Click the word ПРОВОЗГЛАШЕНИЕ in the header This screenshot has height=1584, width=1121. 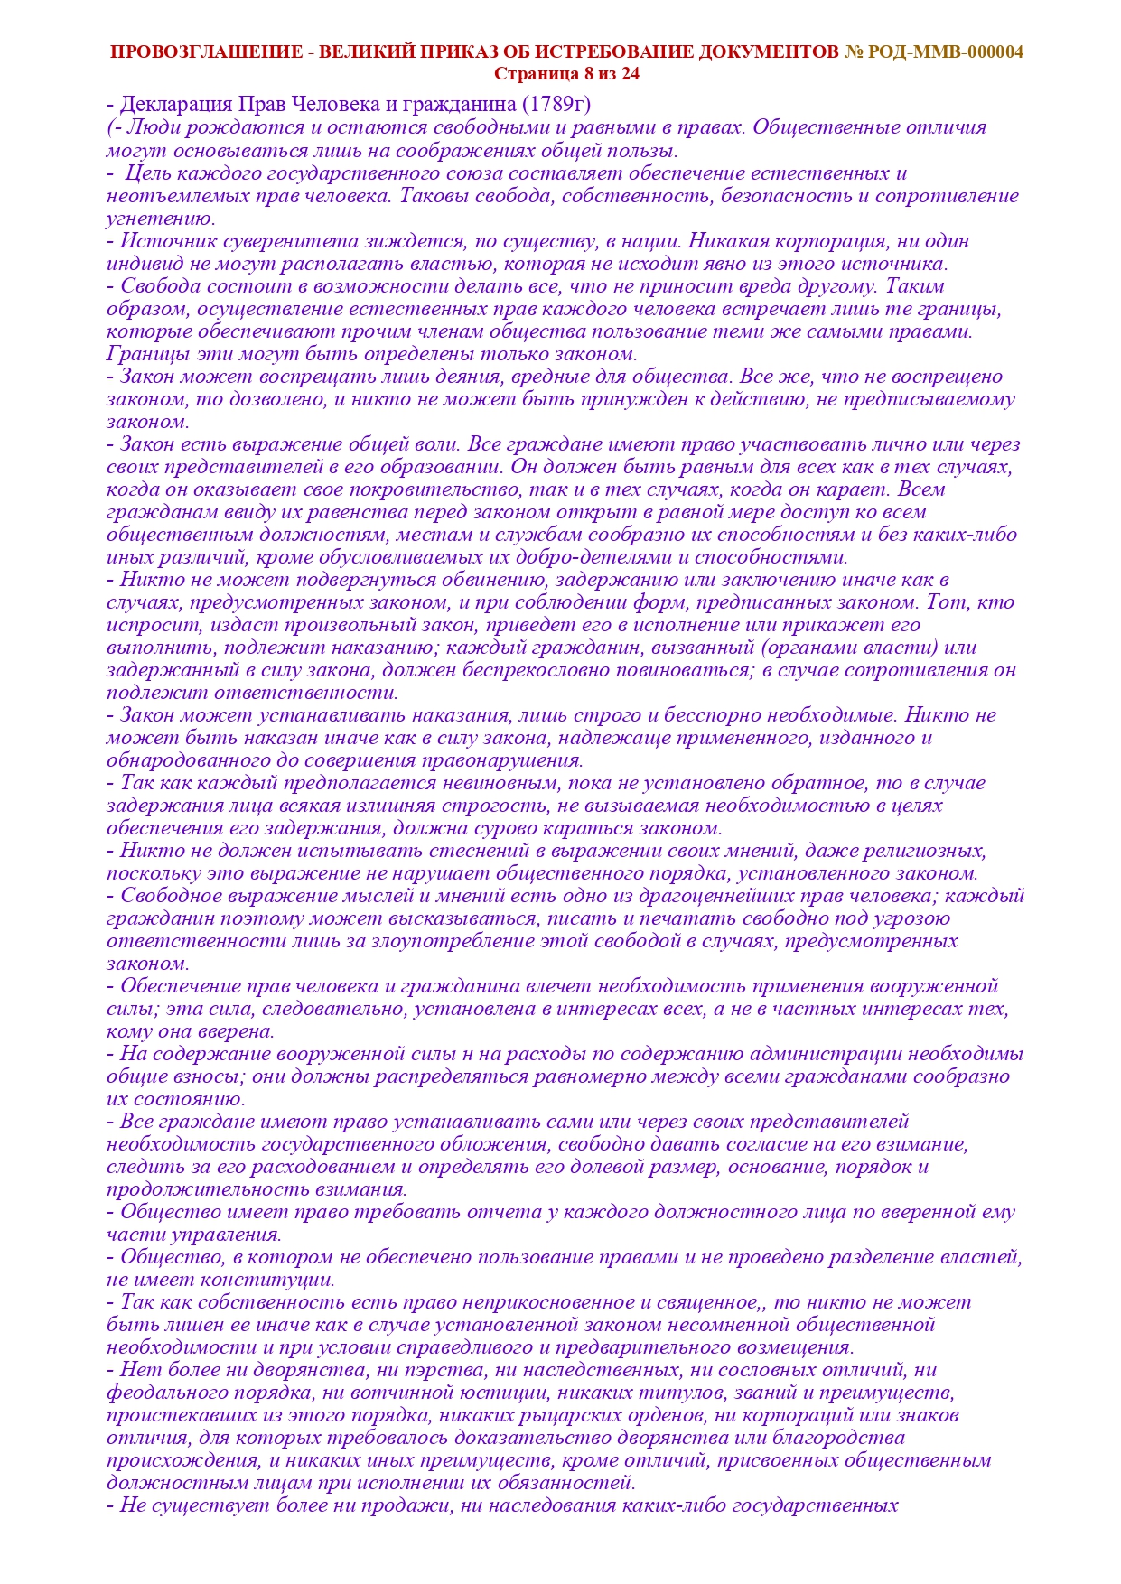click(x=206, y=52)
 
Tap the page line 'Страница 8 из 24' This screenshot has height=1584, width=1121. click(x=566, y=74)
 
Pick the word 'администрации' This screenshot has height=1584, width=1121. click(x=825, y=1054)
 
